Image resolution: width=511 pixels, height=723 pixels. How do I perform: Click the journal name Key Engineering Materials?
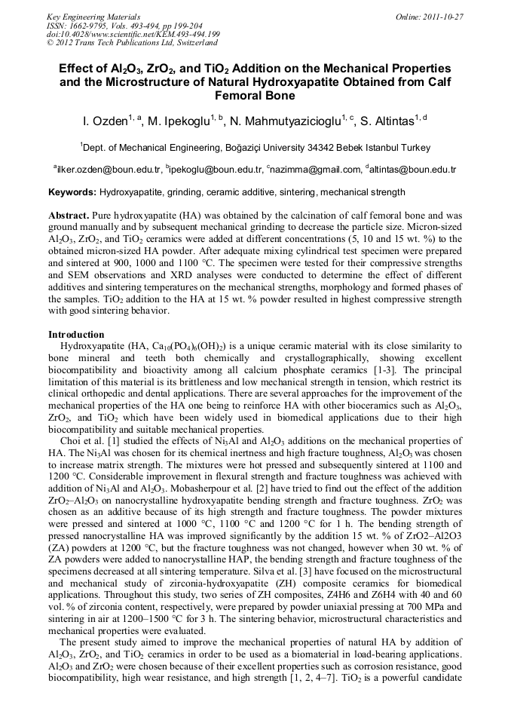pyautogui.click(x=93, y=17)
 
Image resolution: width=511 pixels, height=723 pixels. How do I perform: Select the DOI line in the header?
pyautogui.click(x=133, y=34)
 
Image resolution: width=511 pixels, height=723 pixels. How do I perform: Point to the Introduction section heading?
pyautogui.click(x=76, y=334)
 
